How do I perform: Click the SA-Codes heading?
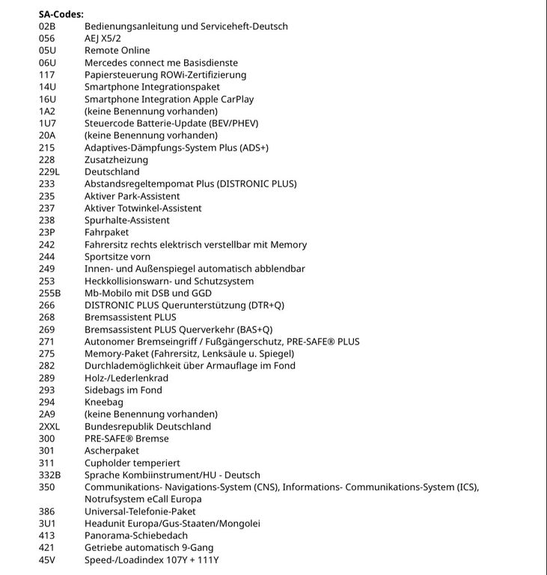[x=61, y=14]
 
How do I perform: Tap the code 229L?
[x=49, y=171]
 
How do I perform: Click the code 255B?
[x=49, y=293]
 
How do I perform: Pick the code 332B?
[x=49, y=475]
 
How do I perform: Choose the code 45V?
[x=47, y=560]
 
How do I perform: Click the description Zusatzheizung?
[x=116, y=159]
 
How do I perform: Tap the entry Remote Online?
[x=117, y=51]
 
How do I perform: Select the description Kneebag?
[x=104, y=402]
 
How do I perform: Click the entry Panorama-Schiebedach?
[x=136, y=535]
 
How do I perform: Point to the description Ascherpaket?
[x=111, y=451]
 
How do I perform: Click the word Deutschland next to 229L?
[x=111, y=171]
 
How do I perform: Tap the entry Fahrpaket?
[x=106, y=232]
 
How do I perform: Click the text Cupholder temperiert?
[x=132, y=463]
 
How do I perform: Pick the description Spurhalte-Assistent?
[x=127, y=220]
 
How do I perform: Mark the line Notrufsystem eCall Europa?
[x=142, y=499]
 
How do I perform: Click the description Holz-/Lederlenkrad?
[x=127, y=378]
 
